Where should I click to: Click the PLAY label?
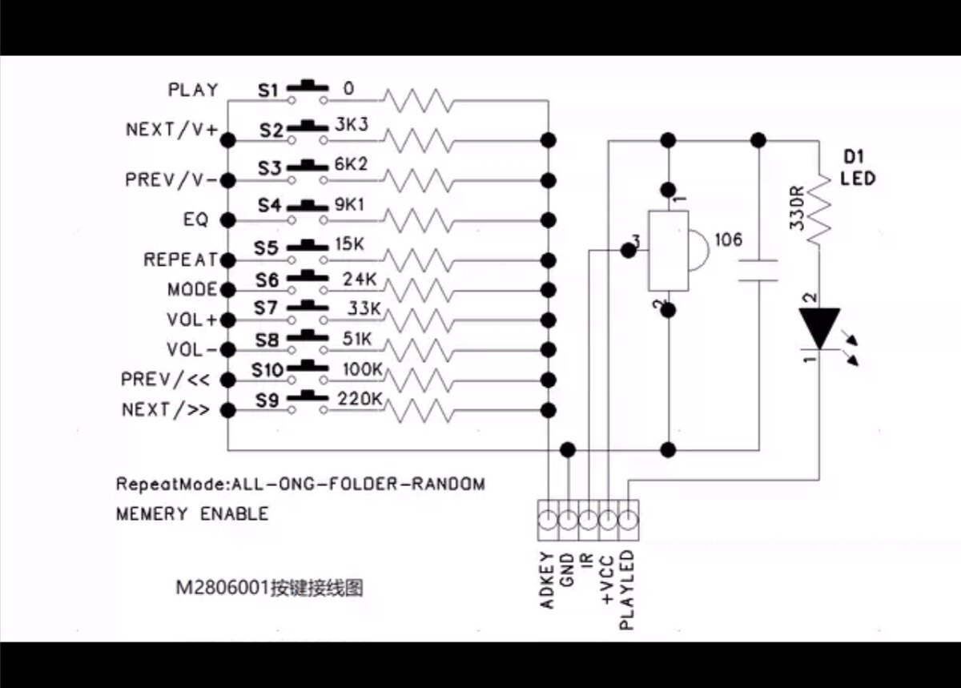pyautogui.click(x=193, y=90)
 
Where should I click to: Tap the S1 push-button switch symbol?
pyautogui.click(x=308, y=92)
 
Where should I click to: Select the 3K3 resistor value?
pyautogui.click(x=352, y=125)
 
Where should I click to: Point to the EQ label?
pyautogui.click(x=195, y=219)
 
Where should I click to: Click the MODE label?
pyautogui.click(x=192, y=289)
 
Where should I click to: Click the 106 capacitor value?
pyautogui.click(x=727, y=239)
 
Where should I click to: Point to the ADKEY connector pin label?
pyautogui.click(x=548, y=580)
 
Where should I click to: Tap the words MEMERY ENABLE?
pyautogui.click(x=192, y=513)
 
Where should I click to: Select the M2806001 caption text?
pyautogui.click(x=223, y=588)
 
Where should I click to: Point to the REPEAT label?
pyautogui.click(x=180, y=260)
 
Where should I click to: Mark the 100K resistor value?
pyautogui.click(x=362, y=370)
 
